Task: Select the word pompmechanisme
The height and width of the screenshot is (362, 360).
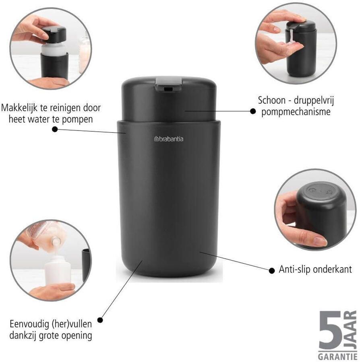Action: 296,111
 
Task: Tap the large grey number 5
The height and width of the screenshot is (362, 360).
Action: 331,330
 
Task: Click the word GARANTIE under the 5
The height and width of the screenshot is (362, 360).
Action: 337,356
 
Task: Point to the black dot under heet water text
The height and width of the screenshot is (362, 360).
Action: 55,129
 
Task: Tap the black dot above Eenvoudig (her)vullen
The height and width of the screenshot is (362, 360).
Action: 100,320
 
